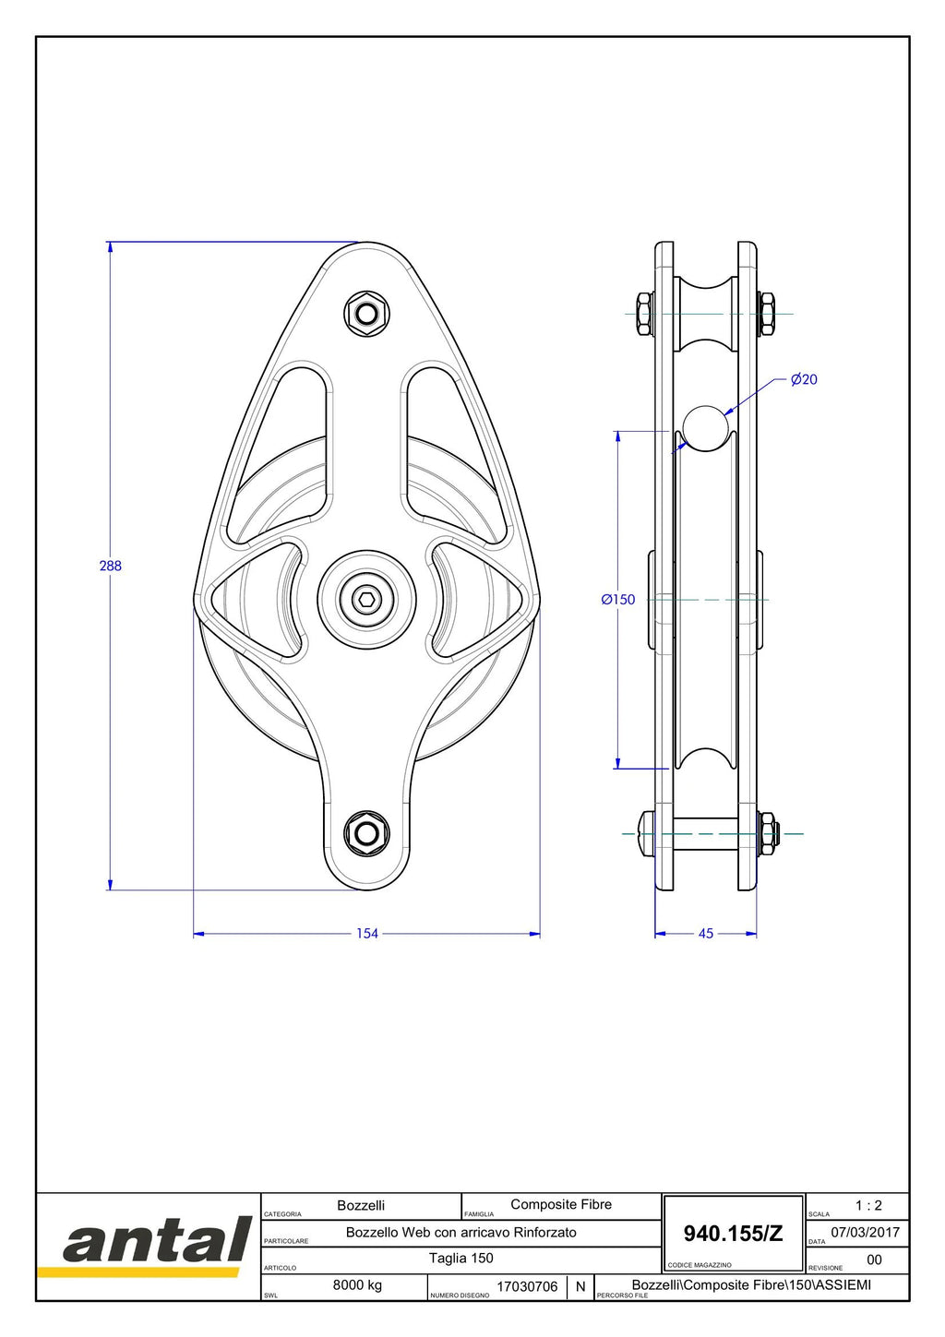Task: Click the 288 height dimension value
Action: coord(111,566)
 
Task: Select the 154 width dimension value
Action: coord(367,934)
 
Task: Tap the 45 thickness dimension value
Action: coord(706,934)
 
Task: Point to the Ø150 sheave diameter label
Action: coord(618,599)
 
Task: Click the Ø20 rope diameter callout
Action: coord(804,379)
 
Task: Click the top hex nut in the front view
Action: coord(367,314)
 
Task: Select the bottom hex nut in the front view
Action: coord(367,832)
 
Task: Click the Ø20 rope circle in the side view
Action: coord(706,428)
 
